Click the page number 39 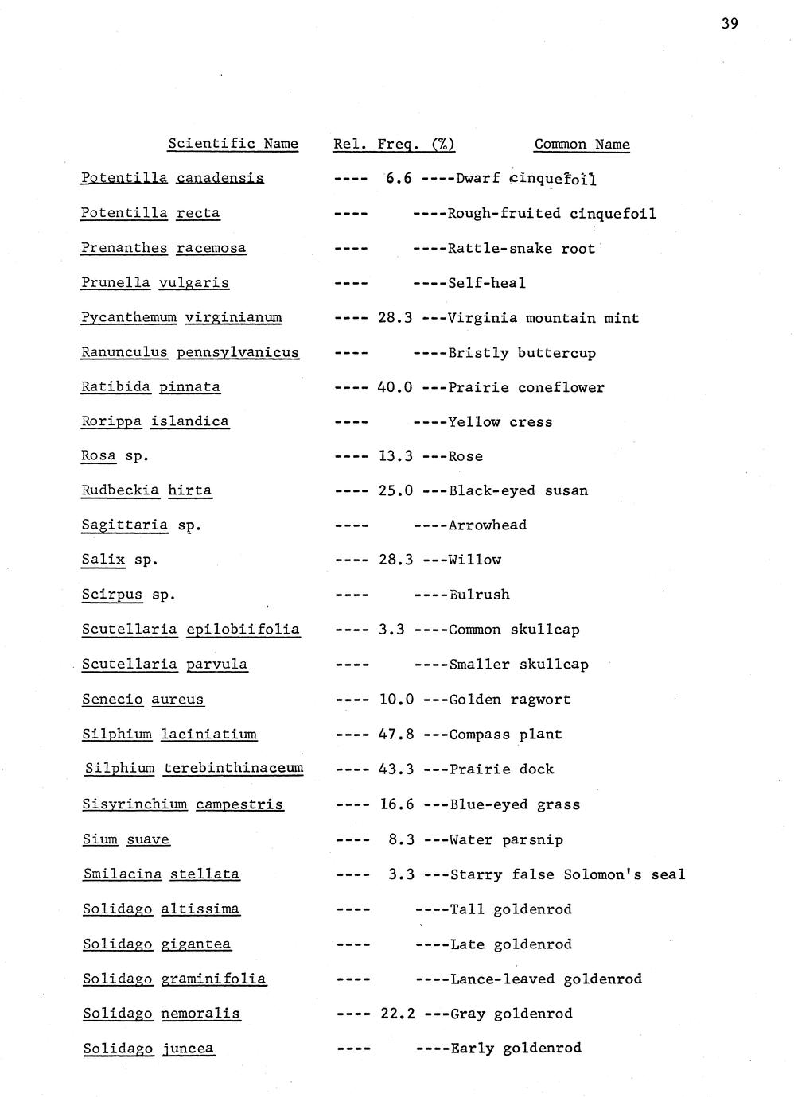click(x=730, y=24)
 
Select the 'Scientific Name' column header click(x=232, y=144)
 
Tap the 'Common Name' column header click(x=582, y=145)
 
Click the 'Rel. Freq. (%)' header click(x=394, y=145)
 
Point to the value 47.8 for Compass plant click(x=396, y=735)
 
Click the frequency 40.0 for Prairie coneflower click(x=395, y=388)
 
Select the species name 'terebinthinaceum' click(x=233, y=769)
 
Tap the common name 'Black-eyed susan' click(x=518, y=491)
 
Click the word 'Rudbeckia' click(x=120, y=490)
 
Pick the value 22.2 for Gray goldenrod click(x=398, y=1014)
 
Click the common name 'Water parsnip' click(x=506, y=840)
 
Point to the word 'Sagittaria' click(x=125, y=525)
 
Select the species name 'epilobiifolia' click(x=243, y=630)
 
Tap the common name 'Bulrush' click(x=480, y=595)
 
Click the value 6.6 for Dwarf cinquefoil click(x=399, y=179)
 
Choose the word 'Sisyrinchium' click(x=134, y=804)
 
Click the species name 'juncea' click(x=188, y=1049)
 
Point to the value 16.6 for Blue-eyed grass click(x=397, y=805)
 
